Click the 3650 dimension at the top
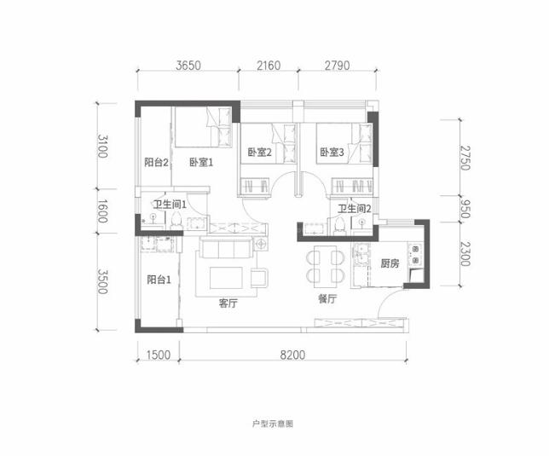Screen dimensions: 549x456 click(x=188, y=66)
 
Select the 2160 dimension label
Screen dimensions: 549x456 click(x=269, y=66)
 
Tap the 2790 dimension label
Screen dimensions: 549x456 click(x=338, y=66)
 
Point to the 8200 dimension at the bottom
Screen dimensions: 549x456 click(x=292, y=355)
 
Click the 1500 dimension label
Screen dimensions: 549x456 click(x=159, y=355)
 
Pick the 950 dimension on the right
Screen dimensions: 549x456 click(x=465, y=209)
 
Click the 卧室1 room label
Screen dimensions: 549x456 click(x=201, y=163)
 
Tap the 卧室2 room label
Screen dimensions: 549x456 click(x=260, y=153)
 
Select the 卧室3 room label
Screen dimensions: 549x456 click(x=332, y=153)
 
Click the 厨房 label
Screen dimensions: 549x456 click(x=390, y=263)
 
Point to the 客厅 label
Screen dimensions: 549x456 click(x=228, y=303)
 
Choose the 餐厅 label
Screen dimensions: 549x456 click(x=327, y=299)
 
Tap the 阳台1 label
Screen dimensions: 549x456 click(x=159, y=280)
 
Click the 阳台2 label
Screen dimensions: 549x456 click(x=157, y=163)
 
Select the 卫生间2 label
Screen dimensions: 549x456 click(x=355, y=209)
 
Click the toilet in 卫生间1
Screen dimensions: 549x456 click(x=176, y=221)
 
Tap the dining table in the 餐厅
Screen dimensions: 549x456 click(x=326, y=264)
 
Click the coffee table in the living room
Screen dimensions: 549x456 click(x=226, y=278)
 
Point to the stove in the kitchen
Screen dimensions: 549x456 click(x=416, y=255)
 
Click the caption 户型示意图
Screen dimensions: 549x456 click(x=273, y=424)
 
